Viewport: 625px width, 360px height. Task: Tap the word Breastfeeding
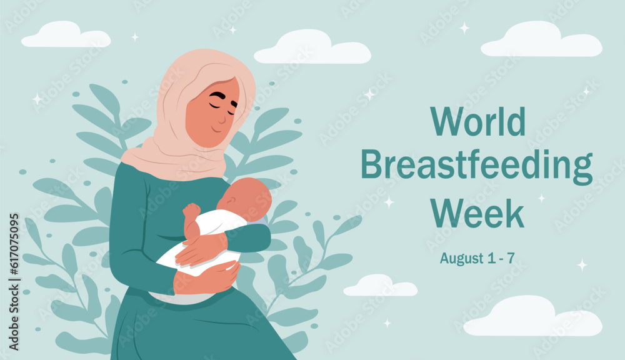tap(476, 166)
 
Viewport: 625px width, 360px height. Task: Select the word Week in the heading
tap(477, 212)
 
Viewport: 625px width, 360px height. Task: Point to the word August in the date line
tap(461, 257)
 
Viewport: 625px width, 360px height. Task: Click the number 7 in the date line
tap(511, 257)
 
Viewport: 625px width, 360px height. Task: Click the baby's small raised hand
tap(191, 212)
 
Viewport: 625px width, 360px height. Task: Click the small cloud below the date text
tap(380, 286)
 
